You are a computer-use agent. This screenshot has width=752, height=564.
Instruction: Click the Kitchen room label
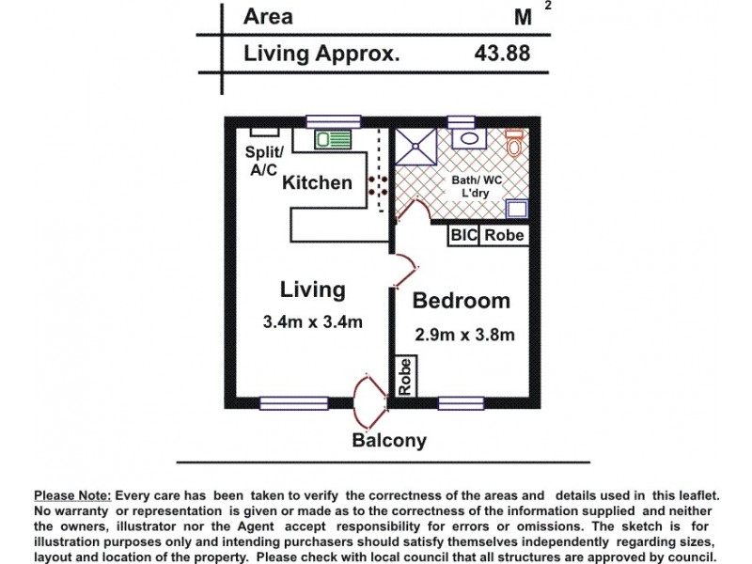coord(317,182)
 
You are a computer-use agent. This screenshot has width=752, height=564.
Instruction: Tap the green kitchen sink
coord(333,140)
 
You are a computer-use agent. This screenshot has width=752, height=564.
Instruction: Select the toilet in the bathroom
coord(514,143)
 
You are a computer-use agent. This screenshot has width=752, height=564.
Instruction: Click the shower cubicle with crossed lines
coord(415,147)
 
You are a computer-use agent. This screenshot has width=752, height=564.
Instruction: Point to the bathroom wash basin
coord(468,138)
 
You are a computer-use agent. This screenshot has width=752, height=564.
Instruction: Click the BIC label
coord(463,235)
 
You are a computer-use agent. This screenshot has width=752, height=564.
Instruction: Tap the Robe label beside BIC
coord(504,235)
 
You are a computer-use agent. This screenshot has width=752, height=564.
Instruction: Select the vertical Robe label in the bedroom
coord(406,377)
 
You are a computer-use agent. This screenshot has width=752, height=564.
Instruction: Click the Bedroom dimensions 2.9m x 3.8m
coord(464,335)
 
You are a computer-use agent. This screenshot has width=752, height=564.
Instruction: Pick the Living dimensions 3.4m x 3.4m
coord(312,321)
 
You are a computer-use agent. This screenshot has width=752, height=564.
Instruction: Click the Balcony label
coord(389,440)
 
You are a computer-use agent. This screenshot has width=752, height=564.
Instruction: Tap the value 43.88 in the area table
coord(502,53)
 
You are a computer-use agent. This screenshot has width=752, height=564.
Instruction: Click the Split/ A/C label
coord(264,160)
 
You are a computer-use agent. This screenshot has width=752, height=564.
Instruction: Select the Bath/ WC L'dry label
coord(477,186)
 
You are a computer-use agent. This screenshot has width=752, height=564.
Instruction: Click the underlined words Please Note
coord(72,496)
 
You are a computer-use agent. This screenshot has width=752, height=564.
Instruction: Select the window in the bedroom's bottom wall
coord(461,403)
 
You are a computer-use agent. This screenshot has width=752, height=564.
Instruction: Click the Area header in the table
coord(268,16)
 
